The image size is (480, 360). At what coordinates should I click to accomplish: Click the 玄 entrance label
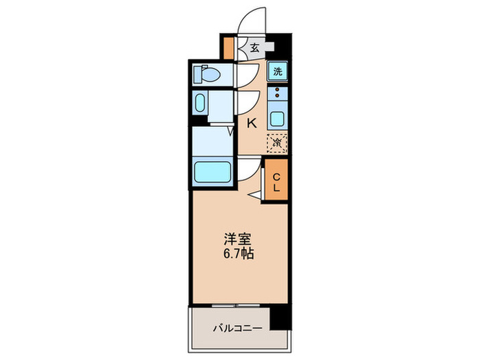pyautogui.click(x=254, y=48)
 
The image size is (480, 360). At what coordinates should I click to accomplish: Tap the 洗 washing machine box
pyautogui.click(x=277, y=71)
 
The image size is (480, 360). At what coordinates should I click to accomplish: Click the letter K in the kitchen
pyautogui.click(x=251, y=123)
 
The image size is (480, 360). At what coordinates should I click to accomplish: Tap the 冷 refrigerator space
pyautogui.click(x=277, y=143)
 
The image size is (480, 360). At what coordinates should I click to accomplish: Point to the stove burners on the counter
pyautogui.click(x=277, y=93)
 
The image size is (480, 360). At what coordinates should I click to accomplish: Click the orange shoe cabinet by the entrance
pyautogui.click(x=229, y=47)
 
